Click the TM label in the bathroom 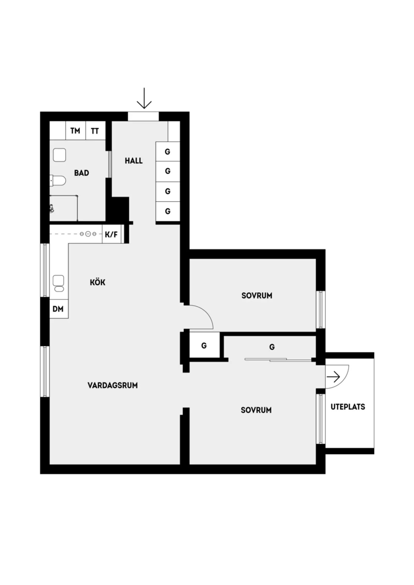tap(75, 131)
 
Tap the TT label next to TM tap(95, 131)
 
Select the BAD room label tap(82, 173)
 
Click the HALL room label tap(134, 161)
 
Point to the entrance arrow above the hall tap(144, 98)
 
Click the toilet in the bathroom tap(58, 181)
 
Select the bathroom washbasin tap(60, 155)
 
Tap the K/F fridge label tap(111, 235)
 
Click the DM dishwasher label tap(58, 309)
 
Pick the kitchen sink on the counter tap(59, 284)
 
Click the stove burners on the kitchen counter tap(88, 234)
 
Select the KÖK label tap(98, 282)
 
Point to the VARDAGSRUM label tap(113, 385)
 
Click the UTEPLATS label tap(348, 407)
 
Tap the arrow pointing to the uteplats tap(333, 377)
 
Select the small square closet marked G tap(204, 346)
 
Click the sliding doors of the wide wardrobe tap(278, 359)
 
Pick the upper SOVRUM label tap(257, 296)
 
